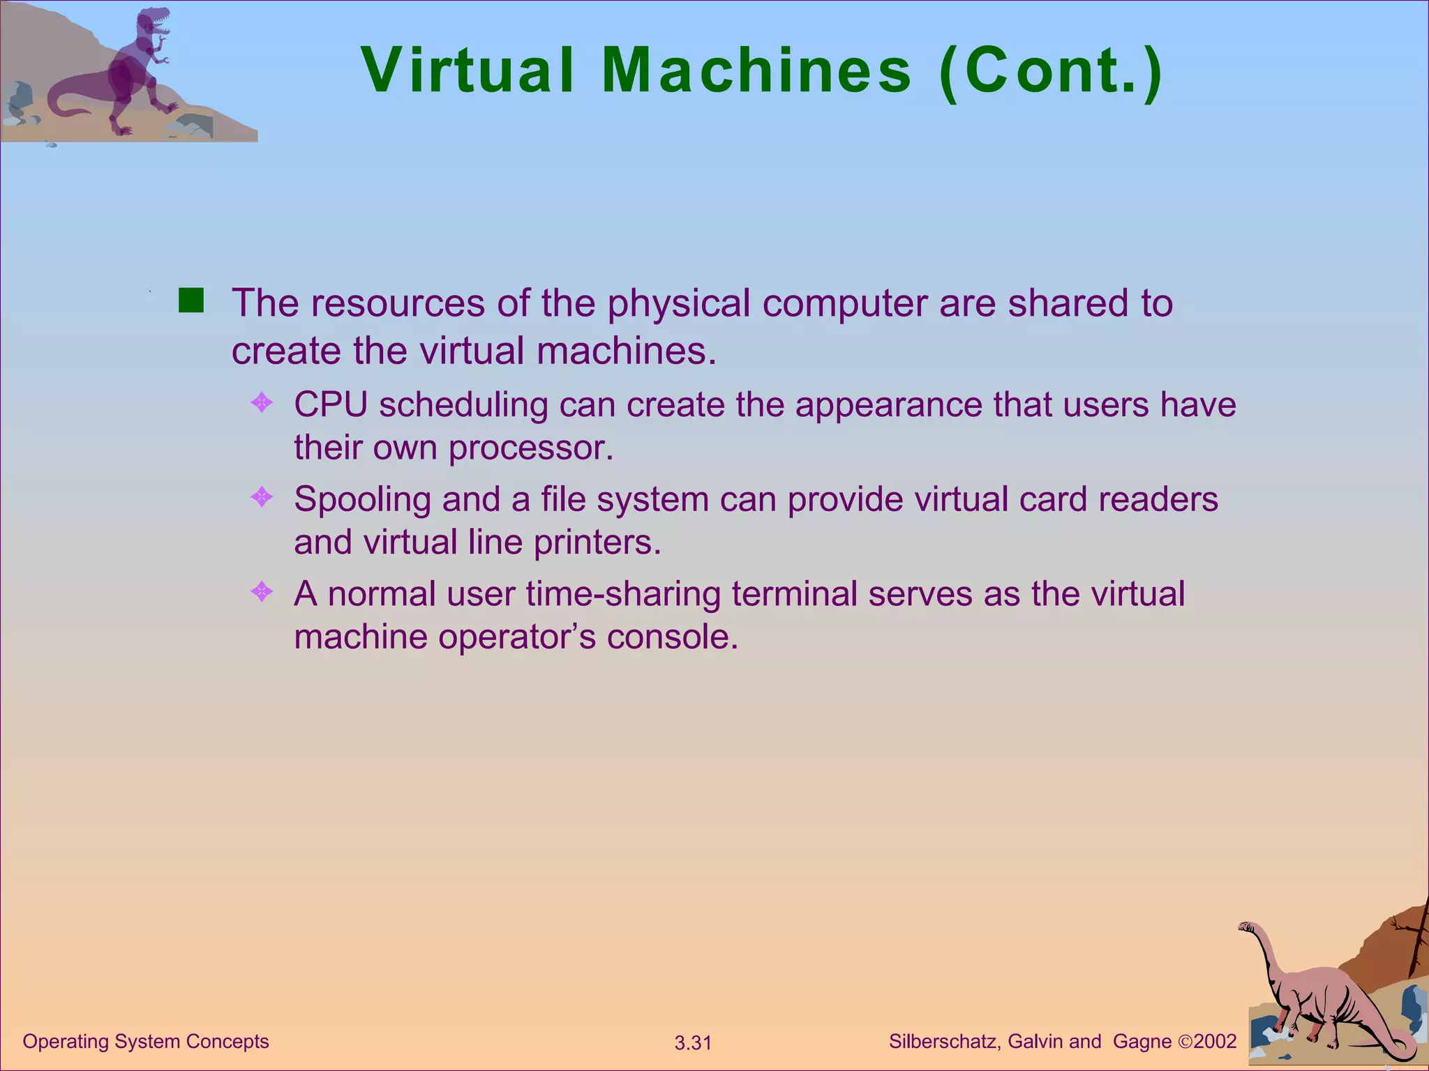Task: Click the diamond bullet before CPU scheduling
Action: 262,402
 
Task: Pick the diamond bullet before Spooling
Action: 262,497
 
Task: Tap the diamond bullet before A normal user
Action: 262,592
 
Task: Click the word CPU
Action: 330,404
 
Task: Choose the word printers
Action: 597,542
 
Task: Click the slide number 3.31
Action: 693,1043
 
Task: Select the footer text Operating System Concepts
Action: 146,1041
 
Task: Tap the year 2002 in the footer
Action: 1215,1042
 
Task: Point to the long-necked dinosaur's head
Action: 1246,927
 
